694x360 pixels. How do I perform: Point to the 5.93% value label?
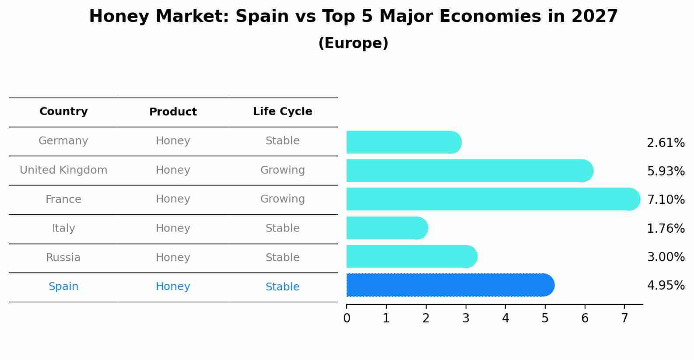click(x=666, y=171)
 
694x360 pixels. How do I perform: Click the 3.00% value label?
click(x=666, y=257)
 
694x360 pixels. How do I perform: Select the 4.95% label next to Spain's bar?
click(x=666, y=286)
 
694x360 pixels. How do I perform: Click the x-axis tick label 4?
click(x=505, y=318)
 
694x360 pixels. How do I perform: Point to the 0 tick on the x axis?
click(x=347, y=318)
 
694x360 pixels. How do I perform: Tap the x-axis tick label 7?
click(x=624, y=318)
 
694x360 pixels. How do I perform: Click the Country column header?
click(x=63, y=112)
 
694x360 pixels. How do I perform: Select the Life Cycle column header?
click(x=282, y=112)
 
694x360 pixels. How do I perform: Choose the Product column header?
click(x=173, y=112)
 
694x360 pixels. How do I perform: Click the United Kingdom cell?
click(x=63, y=170)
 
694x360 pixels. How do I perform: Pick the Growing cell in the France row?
click(x=282, y=199)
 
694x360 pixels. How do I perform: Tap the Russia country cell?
click(x=63, y=258)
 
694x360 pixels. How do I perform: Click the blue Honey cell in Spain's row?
click(x=173, y=287)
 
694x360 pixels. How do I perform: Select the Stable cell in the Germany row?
click(x=282, y=141)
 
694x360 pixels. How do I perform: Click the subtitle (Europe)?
click(x=353, y=43)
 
